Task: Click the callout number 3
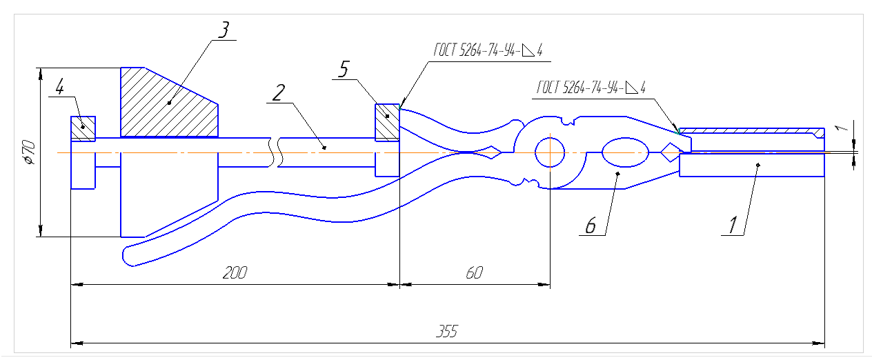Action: click(x=224, y=30)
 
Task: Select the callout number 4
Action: click(x=59, y=87)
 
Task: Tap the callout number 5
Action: click(x=344, y=69)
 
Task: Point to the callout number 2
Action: click(x=278, y=93)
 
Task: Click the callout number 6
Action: click(x=591, y=226)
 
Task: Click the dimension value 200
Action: click(x=235, y=273)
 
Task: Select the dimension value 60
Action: click(x=475, y=273)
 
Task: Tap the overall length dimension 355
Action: click(x=446, y=331)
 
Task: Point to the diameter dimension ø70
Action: click(x=30, y=152)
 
